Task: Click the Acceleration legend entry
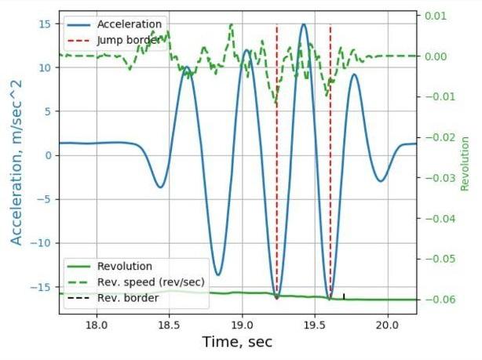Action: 129,24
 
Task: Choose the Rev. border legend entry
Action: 130,298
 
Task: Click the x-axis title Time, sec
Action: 238,342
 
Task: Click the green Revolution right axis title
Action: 465,164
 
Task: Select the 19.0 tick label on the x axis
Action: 243,323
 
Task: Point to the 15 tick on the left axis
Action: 45,24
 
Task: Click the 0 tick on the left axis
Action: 48,155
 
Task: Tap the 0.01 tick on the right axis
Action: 435,16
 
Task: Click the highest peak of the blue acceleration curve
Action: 304,24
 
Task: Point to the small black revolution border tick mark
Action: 344,296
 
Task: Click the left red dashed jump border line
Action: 276,157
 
